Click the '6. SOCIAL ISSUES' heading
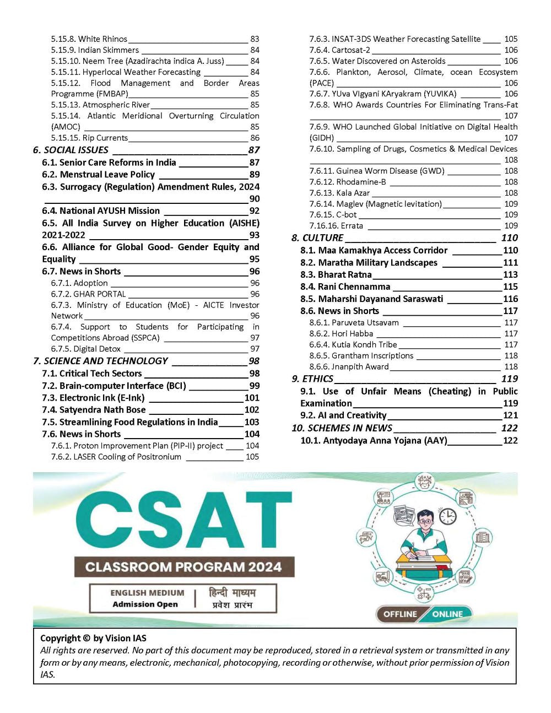tap(71, 150)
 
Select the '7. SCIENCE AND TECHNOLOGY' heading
tap(100, 361)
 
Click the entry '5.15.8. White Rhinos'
tap(89, 39)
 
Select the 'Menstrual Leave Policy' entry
tap(107, 174)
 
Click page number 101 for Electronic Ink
tap(252, 398)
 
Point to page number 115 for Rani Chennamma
tap(510, 287)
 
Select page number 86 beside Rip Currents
tap(255, 138)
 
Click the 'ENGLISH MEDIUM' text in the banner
tap(147, 593)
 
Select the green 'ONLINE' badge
tap(447, 614)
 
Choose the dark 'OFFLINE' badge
tap(400, 614)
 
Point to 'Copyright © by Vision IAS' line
tap(94, 638)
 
